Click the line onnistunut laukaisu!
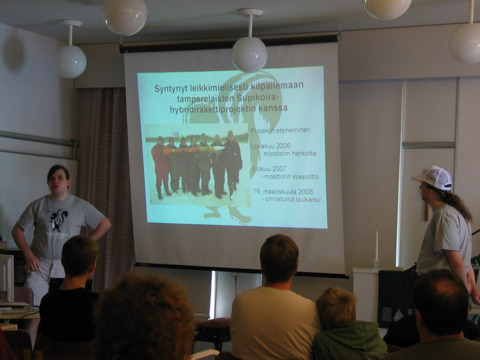(292, 200)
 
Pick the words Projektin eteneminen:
(281, 131)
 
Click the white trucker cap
(434, 178)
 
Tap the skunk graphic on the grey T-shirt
(59, 219)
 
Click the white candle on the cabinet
(376, 245)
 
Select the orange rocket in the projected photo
(193, 150)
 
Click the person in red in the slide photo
(160, 167)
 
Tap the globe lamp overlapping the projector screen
(250, 54)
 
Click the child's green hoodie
(349, 340)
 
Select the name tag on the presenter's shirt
(48, 210)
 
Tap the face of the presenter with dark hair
(59, 180)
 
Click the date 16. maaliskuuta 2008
(283, 192)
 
